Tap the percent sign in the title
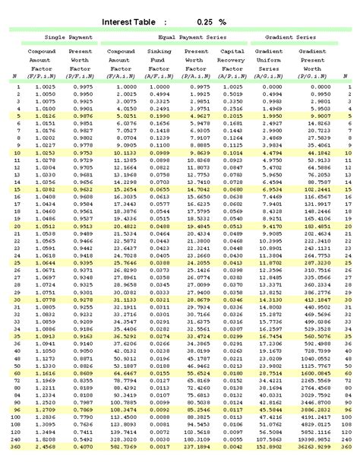tap(244, 22)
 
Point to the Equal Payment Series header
tap(191, 36)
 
